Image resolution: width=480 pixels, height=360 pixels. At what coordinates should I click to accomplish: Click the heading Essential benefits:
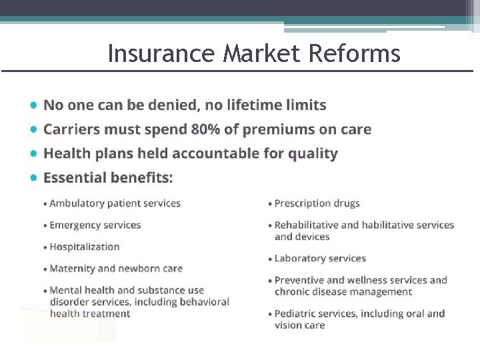coord(108,177)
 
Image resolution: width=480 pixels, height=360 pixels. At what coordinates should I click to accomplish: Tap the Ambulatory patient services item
coord(115,203)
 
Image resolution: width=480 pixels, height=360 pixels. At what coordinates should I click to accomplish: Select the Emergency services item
coord(95,225)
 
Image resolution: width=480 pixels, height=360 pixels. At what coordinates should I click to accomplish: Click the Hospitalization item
coord(85,247)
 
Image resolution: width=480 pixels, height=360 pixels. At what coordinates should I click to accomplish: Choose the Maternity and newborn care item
coord(116,269)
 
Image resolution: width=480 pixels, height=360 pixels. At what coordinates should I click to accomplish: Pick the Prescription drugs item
coord(317,203)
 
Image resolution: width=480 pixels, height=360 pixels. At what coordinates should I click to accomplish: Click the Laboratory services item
coord(320,258)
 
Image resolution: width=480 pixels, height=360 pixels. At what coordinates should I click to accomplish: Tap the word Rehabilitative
coord(307,225)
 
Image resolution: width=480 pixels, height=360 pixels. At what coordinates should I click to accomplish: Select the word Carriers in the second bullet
coord(69,129)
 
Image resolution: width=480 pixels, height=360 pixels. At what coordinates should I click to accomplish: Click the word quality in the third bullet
coord(313,153)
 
